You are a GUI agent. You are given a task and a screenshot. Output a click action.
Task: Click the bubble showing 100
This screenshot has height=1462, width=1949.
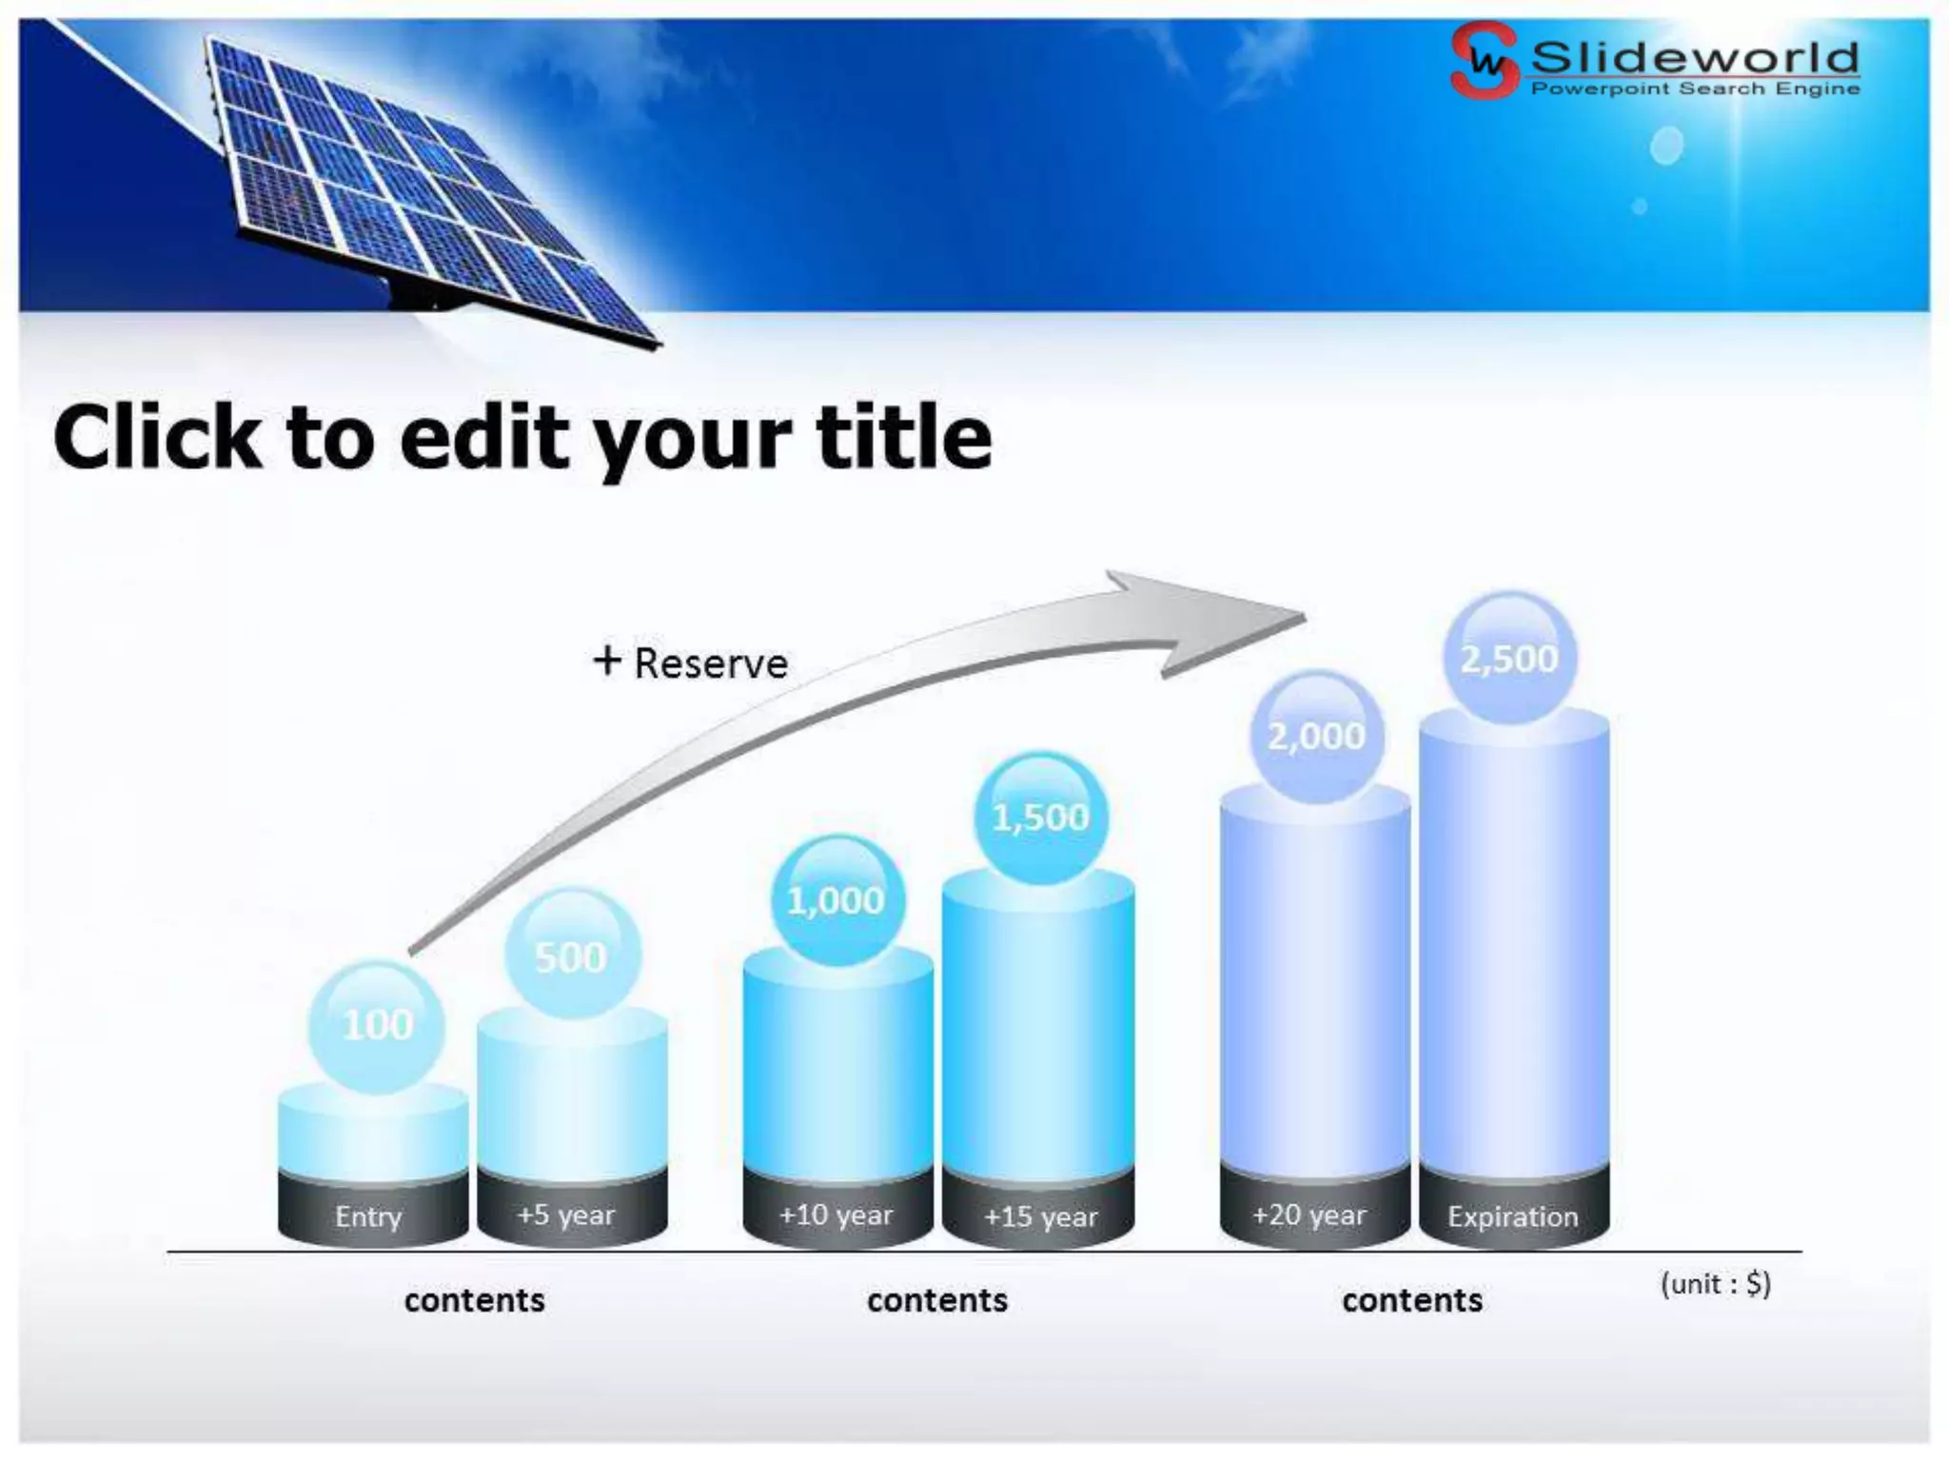377,1026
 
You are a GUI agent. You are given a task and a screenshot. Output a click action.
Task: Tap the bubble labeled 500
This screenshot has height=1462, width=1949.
571,955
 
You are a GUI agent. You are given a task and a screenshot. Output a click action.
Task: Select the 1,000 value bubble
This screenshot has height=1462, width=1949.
837,899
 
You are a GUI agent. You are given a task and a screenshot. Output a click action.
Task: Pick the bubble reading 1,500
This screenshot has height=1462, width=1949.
1040,818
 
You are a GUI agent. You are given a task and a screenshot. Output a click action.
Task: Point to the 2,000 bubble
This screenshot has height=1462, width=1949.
1316,736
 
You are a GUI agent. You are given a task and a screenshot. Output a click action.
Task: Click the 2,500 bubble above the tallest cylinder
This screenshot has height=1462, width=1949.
1510,658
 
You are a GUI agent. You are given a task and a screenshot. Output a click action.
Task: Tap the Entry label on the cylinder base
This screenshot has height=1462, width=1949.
369,1216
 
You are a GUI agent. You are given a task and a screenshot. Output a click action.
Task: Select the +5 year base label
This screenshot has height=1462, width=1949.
567,1215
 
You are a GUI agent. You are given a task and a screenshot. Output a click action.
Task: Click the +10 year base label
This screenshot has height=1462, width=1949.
837,1215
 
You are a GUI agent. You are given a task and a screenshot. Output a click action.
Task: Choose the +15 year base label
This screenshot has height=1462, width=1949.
1040,1216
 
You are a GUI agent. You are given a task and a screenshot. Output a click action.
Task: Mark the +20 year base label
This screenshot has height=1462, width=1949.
1309,1215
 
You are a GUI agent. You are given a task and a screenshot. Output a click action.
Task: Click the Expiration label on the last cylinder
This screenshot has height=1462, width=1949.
1513,1216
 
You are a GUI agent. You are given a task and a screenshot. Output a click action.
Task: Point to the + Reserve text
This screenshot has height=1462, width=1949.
691,663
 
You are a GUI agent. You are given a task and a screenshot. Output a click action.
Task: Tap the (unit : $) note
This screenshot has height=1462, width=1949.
1715,1284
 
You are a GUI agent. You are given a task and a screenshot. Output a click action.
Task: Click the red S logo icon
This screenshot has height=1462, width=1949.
1484,61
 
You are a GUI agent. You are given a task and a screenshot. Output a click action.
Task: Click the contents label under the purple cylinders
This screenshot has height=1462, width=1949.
1412,1300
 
